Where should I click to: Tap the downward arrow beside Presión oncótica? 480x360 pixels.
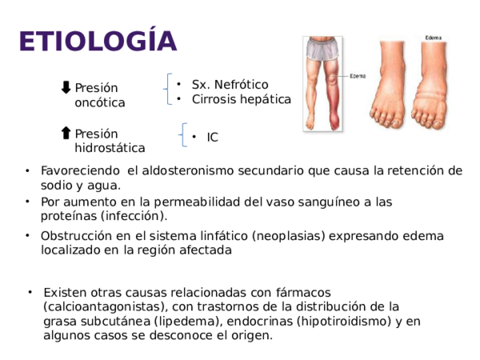click(66, 86)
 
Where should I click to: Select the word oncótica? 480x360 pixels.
click(99, 103)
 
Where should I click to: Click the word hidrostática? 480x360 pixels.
click(110, 148)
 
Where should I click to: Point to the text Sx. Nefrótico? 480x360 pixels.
click(230, 85)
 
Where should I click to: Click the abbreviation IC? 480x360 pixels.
click(212, 138)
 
